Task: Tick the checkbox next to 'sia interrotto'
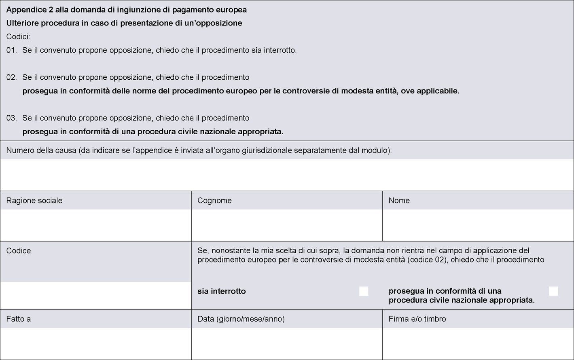click(x=364, y=291)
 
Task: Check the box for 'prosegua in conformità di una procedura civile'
click(x=553, y=291)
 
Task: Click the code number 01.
click(x=11, y=51)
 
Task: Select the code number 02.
click(x=11, y=77)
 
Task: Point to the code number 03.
click(x=11, y=118)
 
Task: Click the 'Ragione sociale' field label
click(x=34, y=201)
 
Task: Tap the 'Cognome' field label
click(x=214, y=201)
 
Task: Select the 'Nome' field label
click(x=399, y=201)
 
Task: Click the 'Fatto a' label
click(x=19, y=319)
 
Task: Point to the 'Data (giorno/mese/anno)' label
click(x=241, y=319)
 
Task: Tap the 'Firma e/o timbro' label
click(x=417, y=319)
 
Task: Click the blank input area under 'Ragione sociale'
click(x=95, y=225)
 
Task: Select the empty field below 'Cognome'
click(x=287, y=225)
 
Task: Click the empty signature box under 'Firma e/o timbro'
click(x=478, y=343)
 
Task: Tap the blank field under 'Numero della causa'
click(x=287, y=175)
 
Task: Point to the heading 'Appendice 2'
click(x=30, y=9)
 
